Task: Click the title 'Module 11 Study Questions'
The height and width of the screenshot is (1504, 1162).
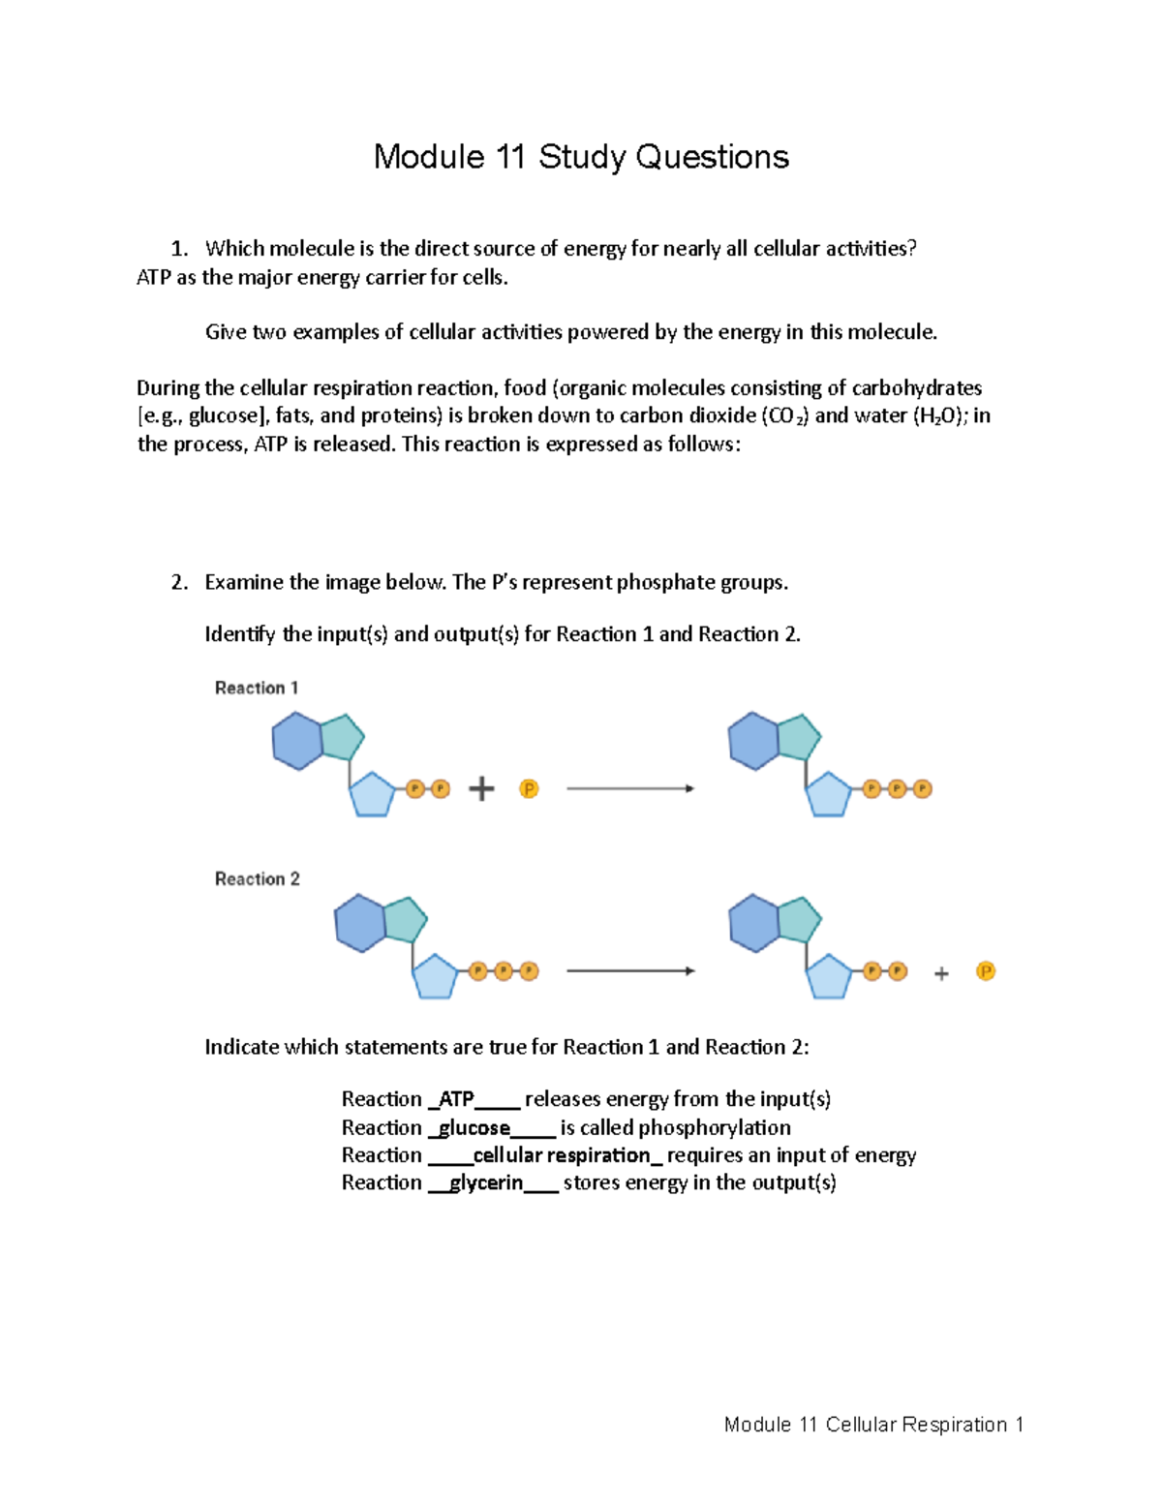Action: pyautogui.click(x=581, y=157)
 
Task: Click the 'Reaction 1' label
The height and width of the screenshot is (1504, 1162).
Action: pyautogui.click(x=257, y=688)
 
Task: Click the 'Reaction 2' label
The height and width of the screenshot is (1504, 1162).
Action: pyautogui.click(x=258, y=878)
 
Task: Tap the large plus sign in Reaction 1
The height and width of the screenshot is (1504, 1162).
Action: pyautogui.click(x=481, y=789)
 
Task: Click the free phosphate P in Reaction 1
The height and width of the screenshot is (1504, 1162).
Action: pyautogui.click(x=529, y=789)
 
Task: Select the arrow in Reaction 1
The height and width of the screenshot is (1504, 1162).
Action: pyautogui.click(x=630, y=788)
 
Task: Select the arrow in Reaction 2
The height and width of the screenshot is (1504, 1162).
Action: pyautogui.click(x=630, y=970)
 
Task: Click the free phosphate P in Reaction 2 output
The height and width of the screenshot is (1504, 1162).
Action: pyautogui.click(x=986, y=971)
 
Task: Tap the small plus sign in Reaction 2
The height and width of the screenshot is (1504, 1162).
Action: pyautogui.click(x=941, y=974)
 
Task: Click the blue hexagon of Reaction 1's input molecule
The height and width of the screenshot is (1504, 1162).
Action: pyautogui.click(x=296, y=742)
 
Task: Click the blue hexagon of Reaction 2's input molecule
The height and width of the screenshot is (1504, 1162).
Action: pyautogui.click(x=359, y=923)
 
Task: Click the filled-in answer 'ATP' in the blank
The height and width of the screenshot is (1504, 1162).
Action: pyautogui.click(x=456, y=1099)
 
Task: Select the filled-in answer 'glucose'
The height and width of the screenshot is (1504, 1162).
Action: pyautogui.click(x=474, y=1128)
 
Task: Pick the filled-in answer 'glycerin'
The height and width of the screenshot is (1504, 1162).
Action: pyautogui.click(x=486, y=1182)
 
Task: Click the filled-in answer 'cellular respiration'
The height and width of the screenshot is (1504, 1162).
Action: pyautogui.click(x=562, y=1155)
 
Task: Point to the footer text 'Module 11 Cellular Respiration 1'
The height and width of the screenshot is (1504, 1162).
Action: pyautogui.click(x=873, y=1425)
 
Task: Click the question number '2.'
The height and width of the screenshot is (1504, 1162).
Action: pyautogui.click(x=179, y=583)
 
